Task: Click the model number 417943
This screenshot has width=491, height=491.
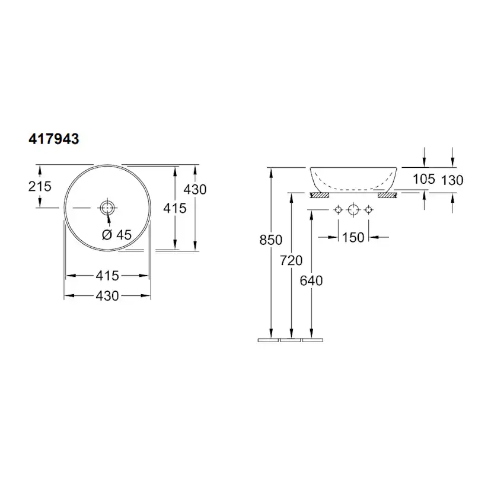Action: [x=54, y=139]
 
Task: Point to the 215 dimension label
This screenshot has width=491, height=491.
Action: [x=40, y=186]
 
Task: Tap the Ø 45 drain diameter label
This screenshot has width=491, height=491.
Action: [x=117, y=235]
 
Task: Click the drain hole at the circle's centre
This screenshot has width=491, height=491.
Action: [x=107, y=208]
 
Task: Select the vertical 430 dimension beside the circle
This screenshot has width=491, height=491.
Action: [x=195, y=189]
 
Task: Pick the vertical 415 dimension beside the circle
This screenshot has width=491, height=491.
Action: [x=175, y=208]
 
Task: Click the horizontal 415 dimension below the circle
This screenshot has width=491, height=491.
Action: [x=107, y=276]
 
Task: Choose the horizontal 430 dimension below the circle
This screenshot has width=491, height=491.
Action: [x=107, y=296]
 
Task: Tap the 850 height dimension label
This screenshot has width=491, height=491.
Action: [x=271, y=240]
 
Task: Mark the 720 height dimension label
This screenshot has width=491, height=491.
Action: [x=291, y=260]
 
